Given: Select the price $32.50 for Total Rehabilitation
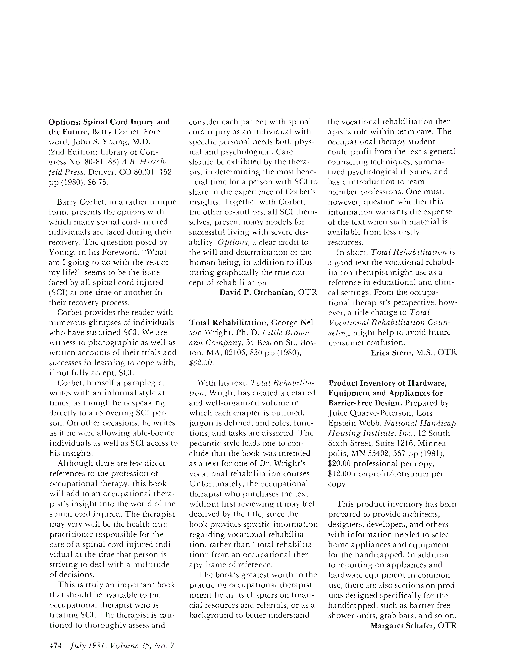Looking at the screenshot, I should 201,362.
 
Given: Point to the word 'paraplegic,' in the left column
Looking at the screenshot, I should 143,383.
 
